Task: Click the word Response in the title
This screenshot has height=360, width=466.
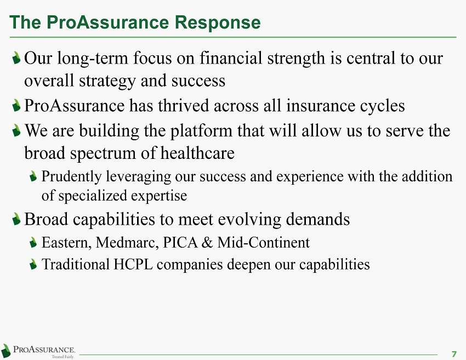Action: (x=217, y=22)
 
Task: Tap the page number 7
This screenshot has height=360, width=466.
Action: (x=454, y=354)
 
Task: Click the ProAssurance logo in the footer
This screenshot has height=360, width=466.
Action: (x=38, y=351)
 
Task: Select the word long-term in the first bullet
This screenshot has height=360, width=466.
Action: (x=93, y=58)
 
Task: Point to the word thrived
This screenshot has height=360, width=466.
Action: (x=183, y=105)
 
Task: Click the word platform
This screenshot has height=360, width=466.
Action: (x=201, y=131)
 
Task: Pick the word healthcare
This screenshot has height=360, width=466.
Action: (x=197, y=153)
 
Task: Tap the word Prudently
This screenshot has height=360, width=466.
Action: (x=72, y=176)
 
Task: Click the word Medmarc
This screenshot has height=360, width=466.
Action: (x=127, y=243)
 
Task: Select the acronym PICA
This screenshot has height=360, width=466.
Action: (x=180, y=242)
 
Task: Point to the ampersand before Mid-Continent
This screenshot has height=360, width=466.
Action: (x=207, y=242)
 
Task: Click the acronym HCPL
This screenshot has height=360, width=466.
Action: (x=133, y=264)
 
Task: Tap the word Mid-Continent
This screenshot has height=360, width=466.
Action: (x=263, y=242)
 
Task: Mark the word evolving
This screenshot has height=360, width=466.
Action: (x=249, y=220)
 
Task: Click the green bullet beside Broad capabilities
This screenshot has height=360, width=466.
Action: (x=16, y=219)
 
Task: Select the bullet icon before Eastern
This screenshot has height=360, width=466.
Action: (x=33, y=242)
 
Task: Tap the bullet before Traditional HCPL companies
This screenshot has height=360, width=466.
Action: (x=33, y=264)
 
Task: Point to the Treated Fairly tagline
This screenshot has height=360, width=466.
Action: (x=62, y=357)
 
